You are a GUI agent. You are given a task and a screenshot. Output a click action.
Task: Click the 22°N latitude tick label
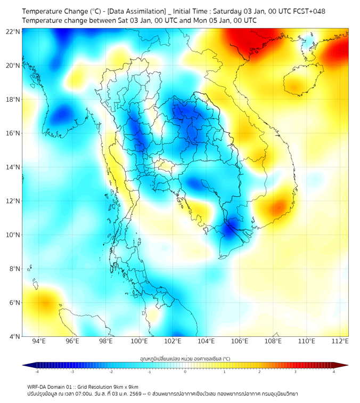coord(13,31)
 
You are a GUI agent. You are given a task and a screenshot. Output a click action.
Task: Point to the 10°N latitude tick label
coord(13,235)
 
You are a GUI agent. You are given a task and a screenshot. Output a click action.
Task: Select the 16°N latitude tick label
coord(13,133)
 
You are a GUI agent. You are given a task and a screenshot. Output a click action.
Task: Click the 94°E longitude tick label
coord(39,341)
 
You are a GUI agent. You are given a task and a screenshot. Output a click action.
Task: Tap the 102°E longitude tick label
coord(173,341)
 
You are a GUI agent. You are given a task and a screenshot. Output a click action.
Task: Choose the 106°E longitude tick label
coord(240,341)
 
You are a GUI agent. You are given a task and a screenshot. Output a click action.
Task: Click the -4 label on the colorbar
coord(36,372)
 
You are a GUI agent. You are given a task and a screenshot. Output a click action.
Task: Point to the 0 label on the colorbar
coord(185,372)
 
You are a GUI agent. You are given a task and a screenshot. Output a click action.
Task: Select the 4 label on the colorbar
coord(334,372)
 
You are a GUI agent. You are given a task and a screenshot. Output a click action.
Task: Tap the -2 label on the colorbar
coord(111,372)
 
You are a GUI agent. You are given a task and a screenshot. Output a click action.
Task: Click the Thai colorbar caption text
coord(185,359)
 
